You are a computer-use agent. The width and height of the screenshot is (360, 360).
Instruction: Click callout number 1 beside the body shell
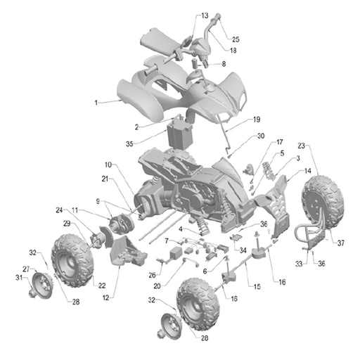point(96,103)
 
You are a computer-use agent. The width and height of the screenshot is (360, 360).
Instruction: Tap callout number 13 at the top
point(205,15)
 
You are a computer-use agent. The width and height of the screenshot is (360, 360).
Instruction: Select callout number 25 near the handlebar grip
point(236,39)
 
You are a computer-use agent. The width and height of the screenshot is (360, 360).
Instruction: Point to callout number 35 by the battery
point(129,143)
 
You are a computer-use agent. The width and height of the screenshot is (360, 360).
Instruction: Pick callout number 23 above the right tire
point(302,146)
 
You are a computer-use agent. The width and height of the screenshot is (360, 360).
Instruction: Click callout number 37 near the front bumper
point(340,243)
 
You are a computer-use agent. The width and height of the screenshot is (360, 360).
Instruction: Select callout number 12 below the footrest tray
point(106,297)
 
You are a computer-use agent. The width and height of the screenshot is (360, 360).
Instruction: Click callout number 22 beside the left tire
point(102,285)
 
